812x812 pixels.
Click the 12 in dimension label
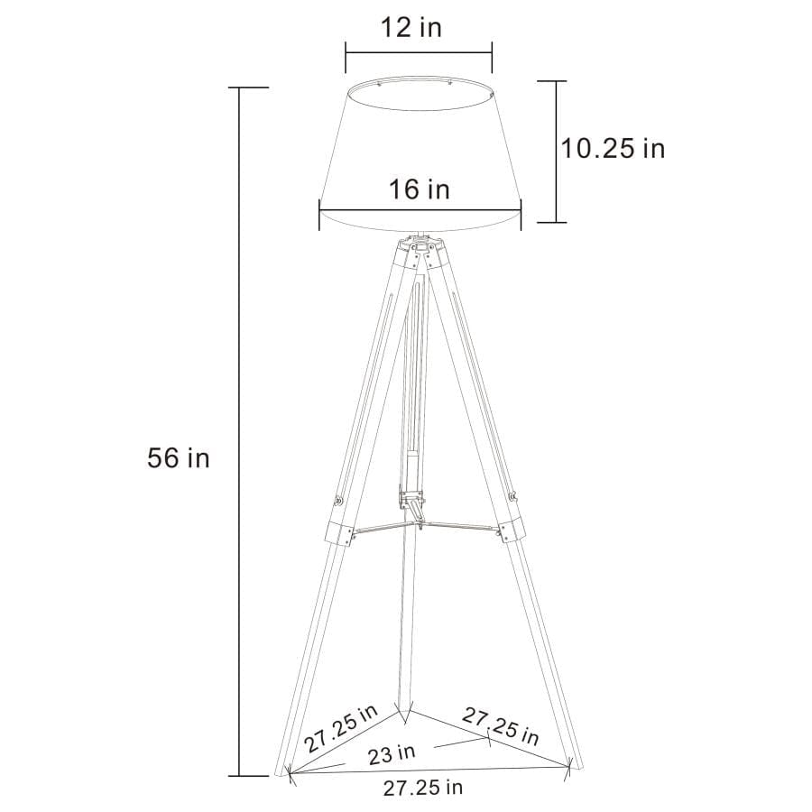click(411, 27)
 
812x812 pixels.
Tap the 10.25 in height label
click(614, 148)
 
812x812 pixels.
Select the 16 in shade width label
click(420, 189)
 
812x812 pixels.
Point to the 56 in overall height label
click(179, 458)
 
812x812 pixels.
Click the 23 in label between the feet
click(392, 751)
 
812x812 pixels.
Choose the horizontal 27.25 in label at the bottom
click(423, 788)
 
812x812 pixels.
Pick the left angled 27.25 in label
click(341, 729)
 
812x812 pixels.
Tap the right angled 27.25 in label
click(502, 725)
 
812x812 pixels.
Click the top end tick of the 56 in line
click(239, 88)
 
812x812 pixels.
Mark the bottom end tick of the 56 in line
click(239, 775)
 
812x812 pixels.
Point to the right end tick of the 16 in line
click(521, 213)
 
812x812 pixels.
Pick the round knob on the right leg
click(512, 495)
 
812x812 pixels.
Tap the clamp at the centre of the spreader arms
click(412, 501)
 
